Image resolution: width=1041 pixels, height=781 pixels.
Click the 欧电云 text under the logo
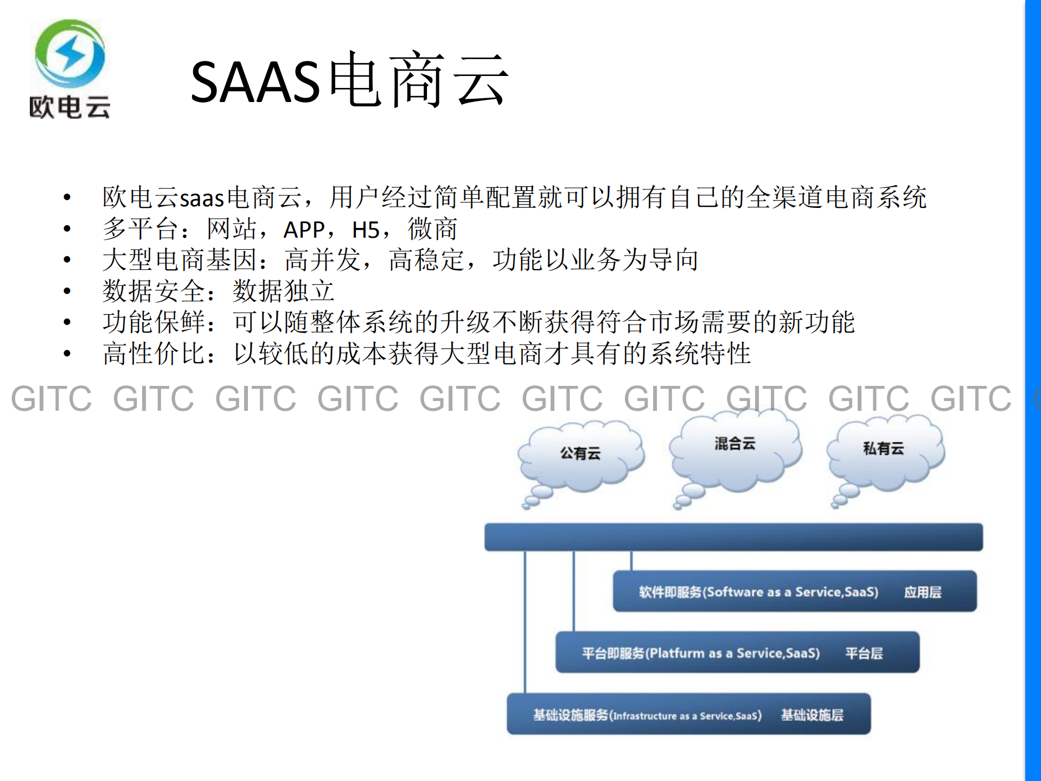tap(69, 107)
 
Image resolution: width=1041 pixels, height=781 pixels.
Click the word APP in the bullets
tap(304, 230)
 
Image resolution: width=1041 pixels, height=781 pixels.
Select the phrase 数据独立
tap(283, 291)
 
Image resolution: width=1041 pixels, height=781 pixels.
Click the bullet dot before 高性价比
tap(67, 354)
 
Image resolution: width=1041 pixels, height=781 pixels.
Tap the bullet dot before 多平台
tap(67, 229)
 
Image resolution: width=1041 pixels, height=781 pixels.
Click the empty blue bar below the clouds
tap(733, 537)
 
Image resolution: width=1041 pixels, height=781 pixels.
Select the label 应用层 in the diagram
tap(922, 592)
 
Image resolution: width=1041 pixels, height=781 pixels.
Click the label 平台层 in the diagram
tap(864, 653)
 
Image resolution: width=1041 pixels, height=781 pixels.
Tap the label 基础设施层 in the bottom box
tap(812, 715)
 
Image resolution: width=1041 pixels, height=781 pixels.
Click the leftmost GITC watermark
tap(52, 399)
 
